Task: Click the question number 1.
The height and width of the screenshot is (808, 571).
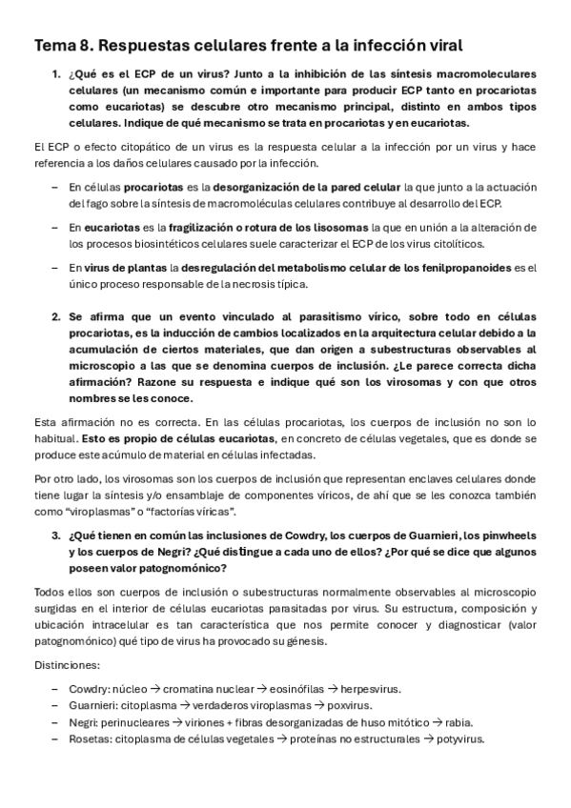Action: [54, 74]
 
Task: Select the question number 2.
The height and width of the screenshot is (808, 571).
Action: [54, 314]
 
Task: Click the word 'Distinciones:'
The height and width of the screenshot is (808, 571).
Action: [65, 664]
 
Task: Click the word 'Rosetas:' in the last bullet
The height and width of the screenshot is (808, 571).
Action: [89, 739]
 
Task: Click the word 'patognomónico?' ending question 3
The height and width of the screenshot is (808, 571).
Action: [180, 568]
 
